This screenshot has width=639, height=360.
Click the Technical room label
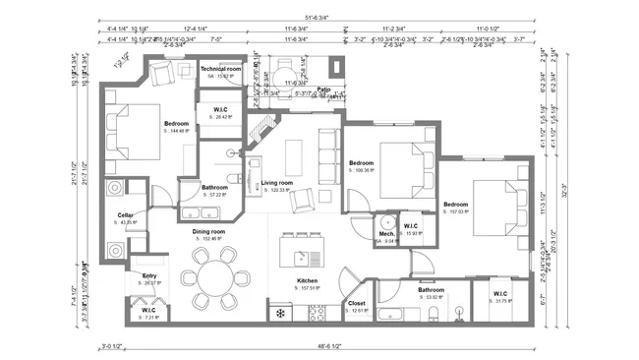tap(221, 69)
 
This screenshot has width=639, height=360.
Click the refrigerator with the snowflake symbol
tap(280, 314)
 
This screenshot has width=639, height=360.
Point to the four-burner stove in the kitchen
tap(317, 313)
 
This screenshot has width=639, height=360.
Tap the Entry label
tap(149, 275)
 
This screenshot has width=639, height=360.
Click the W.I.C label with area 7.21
tap(148, 310)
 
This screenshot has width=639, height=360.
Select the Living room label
tap(277, 183)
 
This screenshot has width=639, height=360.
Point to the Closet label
tap(357, 304)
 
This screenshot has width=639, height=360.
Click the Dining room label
tap(209, 231)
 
